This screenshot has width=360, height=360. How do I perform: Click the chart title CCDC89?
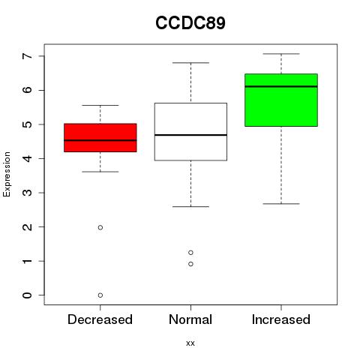click(190, 22)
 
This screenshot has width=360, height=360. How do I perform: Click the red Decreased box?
click(100, 138)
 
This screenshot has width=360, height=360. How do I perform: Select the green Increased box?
click(281, 100)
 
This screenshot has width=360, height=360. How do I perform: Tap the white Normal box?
click(190, 132)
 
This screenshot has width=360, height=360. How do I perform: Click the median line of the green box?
click(281, 86)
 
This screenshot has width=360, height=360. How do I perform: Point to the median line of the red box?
click(100, 140)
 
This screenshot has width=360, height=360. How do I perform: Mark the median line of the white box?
click(190, 135)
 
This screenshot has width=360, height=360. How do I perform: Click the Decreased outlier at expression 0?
click(100, 295)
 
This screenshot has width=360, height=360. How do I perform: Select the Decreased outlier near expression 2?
click(100, 227)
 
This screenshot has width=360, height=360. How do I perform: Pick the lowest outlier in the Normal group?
click(190, 264)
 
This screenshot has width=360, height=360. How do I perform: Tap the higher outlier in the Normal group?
click(190, 253)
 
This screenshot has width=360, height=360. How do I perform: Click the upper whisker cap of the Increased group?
click(281, 54)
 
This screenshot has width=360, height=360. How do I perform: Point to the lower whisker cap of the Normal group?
click(190, 207)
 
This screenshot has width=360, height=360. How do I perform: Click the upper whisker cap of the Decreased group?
click(100, 106)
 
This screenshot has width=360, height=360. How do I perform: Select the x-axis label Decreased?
click(100, 319)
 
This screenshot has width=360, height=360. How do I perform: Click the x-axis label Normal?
click(190, 319)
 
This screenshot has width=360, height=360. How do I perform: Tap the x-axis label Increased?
click(281, 319)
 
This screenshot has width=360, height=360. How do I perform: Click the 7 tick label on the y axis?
click(28, 55)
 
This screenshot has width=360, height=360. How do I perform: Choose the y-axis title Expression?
click(7, 174)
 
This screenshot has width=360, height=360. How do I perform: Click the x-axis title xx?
click(190, 343)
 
